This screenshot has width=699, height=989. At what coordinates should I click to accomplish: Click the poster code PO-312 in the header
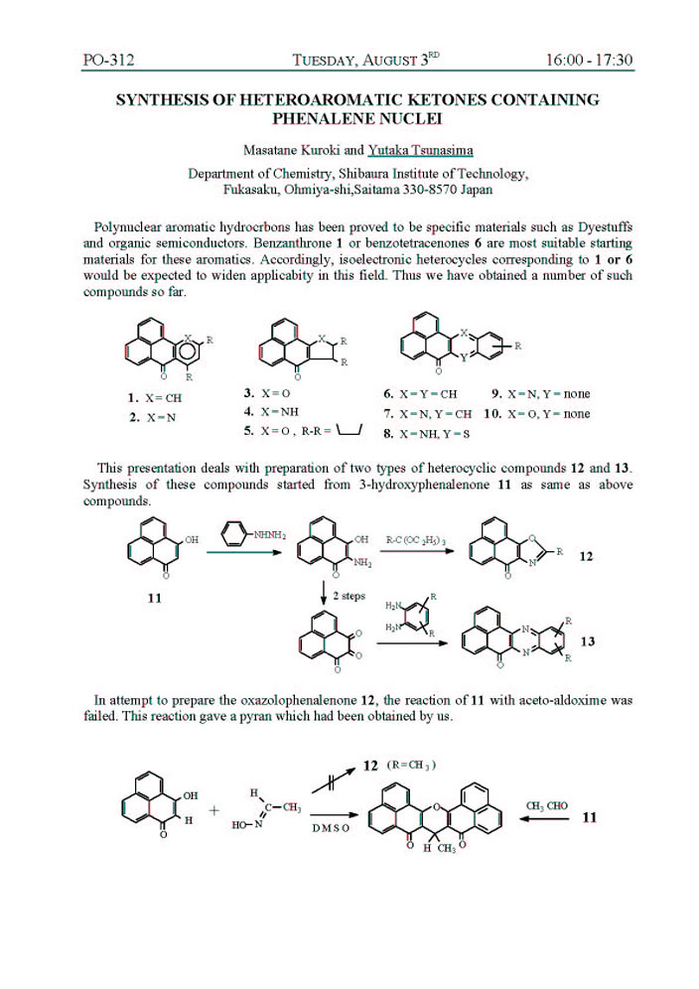click(108, 60)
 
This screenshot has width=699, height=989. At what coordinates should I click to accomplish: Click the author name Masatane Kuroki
click(288, 150)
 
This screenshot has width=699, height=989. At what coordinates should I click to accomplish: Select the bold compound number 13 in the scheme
click(587, 642)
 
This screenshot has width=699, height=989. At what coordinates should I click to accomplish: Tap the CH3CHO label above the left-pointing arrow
click(547, 805)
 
